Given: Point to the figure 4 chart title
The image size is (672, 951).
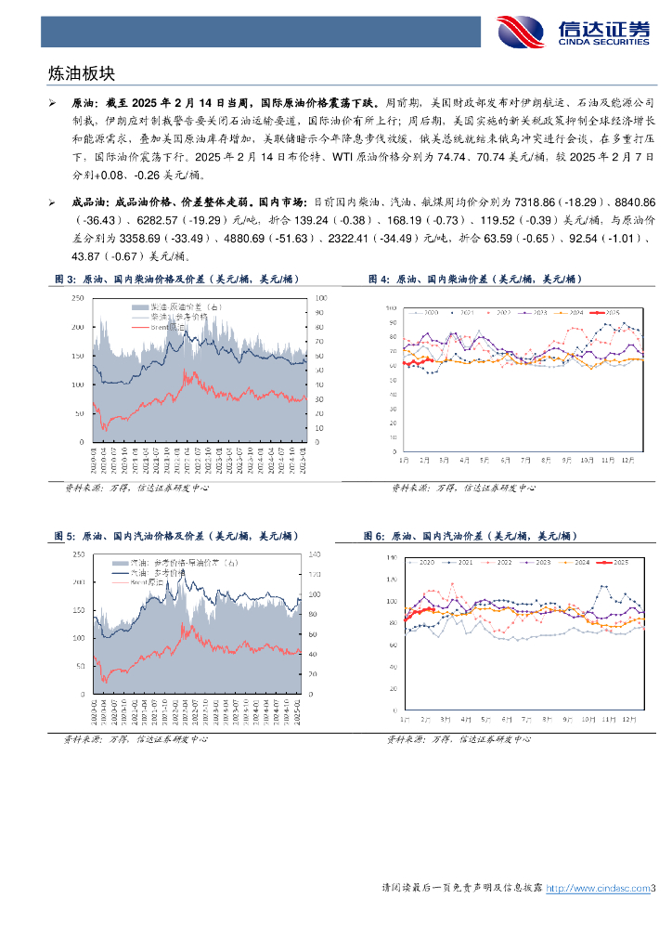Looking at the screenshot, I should point(473,280).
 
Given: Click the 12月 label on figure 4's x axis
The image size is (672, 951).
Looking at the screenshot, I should point(628,460).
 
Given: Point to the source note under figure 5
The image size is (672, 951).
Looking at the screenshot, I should point(135,739).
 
